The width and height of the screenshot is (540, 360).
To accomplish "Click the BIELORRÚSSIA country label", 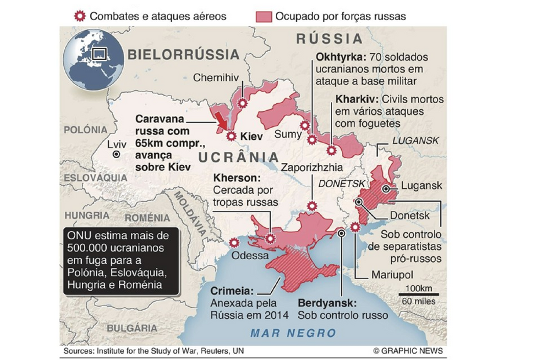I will tap(183, 55).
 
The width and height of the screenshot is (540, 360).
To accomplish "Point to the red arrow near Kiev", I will tap(221, 119).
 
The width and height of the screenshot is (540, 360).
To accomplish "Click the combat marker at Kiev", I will tap(231, 137).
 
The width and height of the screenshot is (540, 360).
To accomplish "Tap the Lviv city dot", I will tap(116, 155).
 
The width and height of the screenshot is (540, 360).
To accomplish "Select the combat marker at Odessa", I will tap(234, 243).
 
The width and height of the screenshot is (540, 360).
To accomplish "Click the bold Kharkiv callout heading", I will tap(356, 99).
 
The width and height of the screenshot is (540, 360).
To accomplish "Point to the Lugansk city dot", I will tap(386, 188).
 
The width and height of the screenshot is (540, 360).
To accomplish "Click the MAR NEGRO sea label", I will tap(293, 333).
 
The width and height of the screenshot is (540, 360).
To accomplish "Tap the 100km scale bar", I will tap(418, 295).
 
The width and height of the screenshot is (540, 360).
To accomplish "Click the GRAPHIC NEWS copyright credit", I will tap(407, 351).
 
